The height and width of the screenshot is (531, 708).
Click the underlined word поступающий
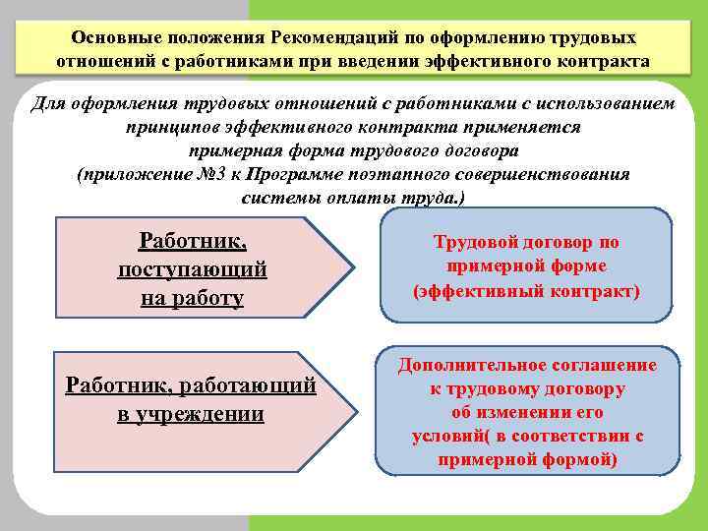(x=192, y=268)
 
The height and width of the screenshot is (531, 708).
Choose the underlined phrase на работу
(x=192, y=297)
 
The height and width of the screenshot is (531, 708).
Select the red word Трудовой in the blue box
(x=468, y=242)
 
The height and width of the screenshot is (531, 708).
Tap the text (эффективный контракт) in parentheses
(x=526, y=291)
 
